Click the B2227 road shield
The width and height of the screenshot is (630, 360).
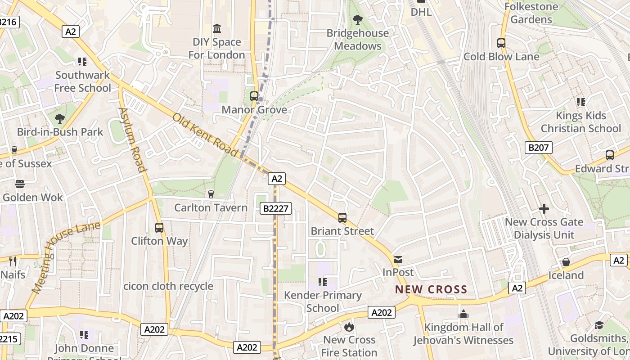276,208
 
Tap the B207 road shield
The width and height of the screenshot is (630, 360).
538,147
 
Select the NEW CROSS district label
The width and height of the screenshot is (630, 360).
431,289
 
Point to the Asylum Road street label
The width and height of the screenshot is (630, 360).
133,139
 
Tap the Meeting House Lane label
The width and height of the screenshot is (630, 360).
65,259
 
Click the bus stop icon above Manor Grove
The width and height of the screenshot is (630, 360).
254,96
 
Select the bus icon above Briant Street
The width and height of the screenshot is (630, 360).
342,218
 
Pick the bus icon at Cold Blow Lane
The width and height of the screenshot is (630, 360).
501,43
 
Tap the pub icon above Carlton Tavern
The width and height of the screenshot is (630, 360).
211,194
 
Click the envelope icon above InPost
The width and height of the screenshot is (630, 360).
398,259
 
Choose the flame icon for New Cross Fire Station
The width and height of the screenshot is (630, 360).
349,326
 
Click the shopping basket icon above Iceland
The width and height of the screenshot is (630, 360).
566,262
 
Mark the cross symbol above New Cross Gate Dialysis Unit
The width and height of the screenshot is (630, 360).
544,209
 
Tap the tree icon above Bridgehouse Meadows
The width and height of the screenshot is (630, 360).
358,19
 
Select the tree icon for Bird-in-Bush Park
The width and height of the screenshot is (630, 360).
60,119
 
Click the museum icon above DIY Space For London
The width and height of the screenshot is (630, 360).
217,29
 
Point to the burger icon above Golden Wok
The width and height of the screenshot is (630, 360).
20,184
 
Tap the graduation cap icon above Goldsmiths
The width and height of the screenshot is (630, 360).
599,325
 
